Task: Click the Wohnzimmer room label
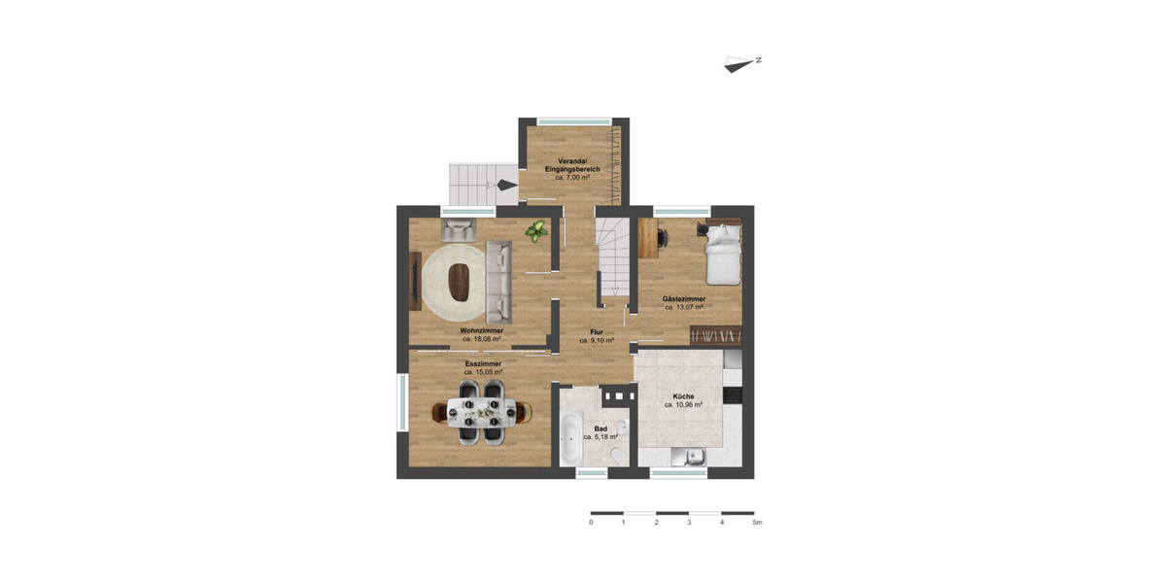[482, 330]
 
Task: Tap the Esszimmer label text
[482, 363]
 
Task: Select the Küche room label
[683, 396]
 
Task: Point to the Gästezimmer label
[684, 298]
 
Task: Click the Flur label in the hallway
[597, 332]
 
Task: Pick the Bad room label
[600, 429]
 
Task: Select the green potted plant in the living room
[535, 231]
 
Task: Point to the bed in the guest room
[722, 249]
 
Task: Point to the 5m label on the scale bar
[757, 523]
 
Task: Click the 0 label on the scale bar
[591, 523]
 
